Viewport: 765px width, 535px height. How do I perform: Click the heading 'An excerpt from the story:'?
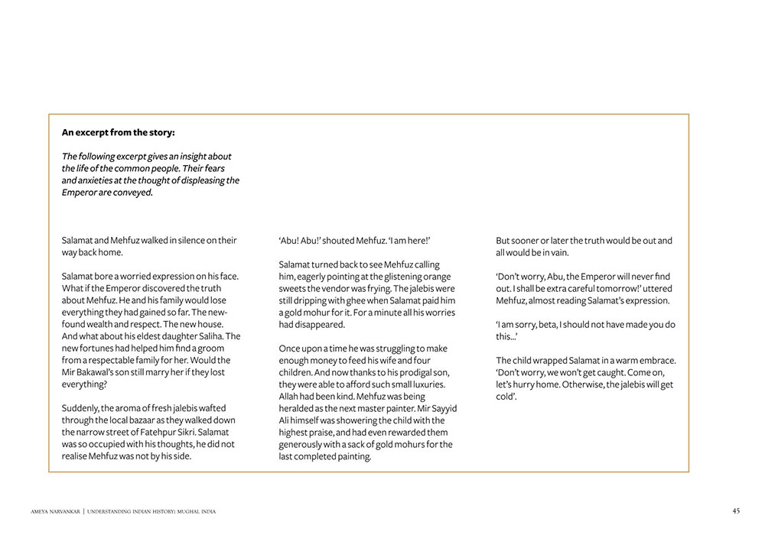[118, 132]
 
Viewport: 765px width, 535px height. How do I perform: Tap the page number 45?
[736, 511]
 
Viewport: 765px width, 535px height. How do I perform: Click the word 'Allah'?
[291, 397]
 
